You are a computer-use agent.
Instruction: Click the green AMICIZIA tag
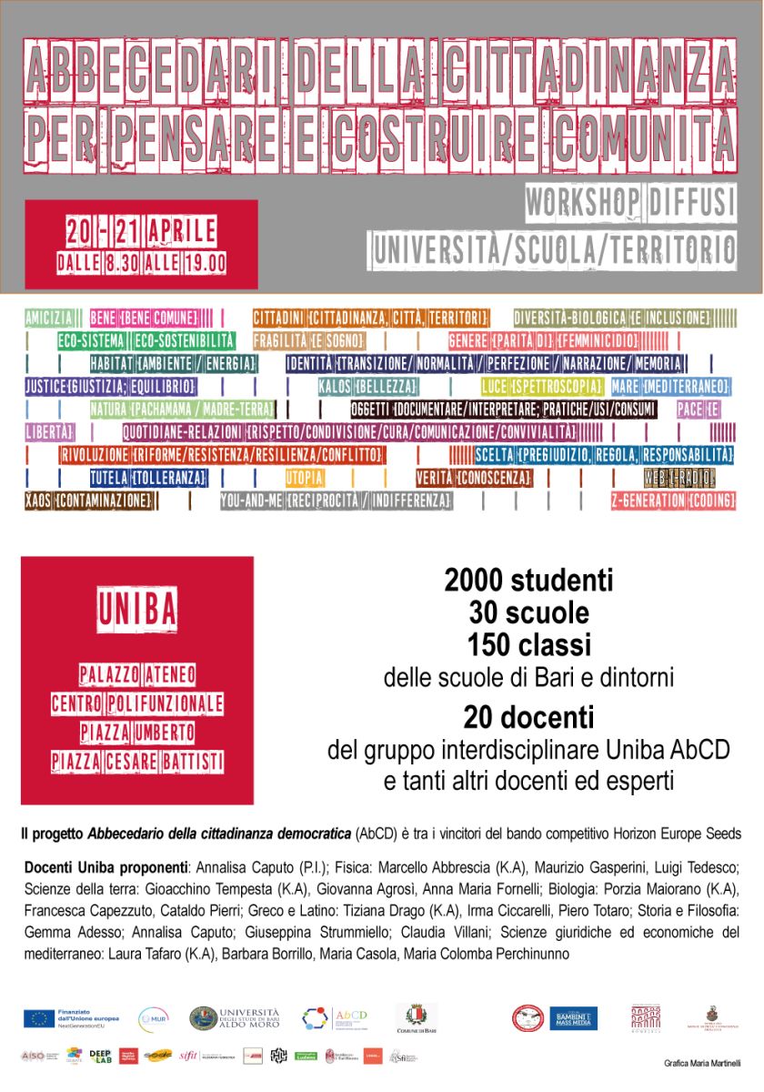tap(50, 318)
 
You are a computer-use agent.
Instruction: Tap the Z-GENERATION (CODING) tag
tap(673, 500)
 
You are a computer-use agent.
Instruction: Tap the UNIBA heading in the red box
tap(137, 609)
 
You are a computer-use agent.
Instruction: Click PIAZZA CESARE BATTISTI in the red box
tap(137, 761)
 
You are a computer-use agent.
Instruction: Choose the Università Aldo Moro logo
tap(234, 1018)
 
